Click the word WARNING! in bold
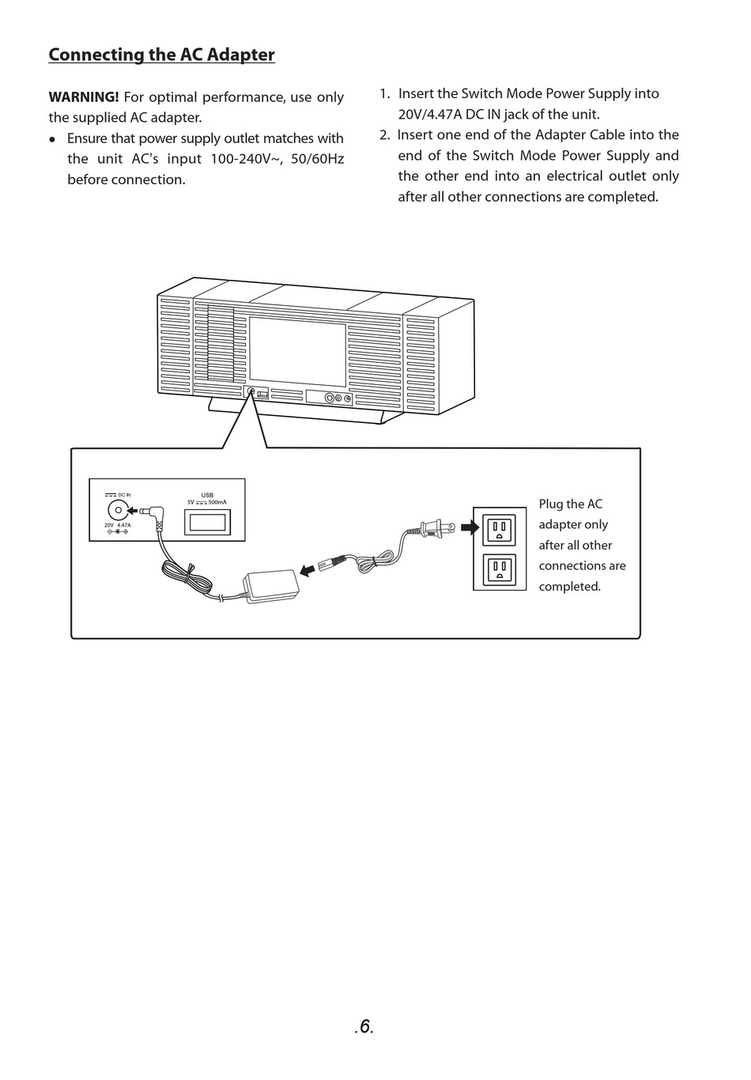point(84,97)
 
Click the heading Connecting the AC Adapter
point(161,55)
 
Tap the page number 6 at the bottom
point(364,1026)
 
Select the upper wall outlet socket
point(500,529)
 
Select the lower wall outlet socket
point(500,569)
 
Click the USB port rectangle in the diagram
point(207,523)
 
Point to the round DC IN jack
point(118,510)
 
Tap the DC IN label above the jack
point(124,494)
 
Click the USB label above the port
point(207,495)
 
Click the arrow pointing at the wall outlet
point(470,527)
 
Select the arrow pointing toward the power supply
point(307,569)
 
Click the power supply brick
point(271,586)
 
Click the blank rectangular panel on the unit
point(297,352)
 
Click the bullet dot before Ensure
point(52,139)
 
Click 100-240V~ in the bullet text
point(247,159)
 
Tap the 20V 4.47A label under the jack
point(118,525)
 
